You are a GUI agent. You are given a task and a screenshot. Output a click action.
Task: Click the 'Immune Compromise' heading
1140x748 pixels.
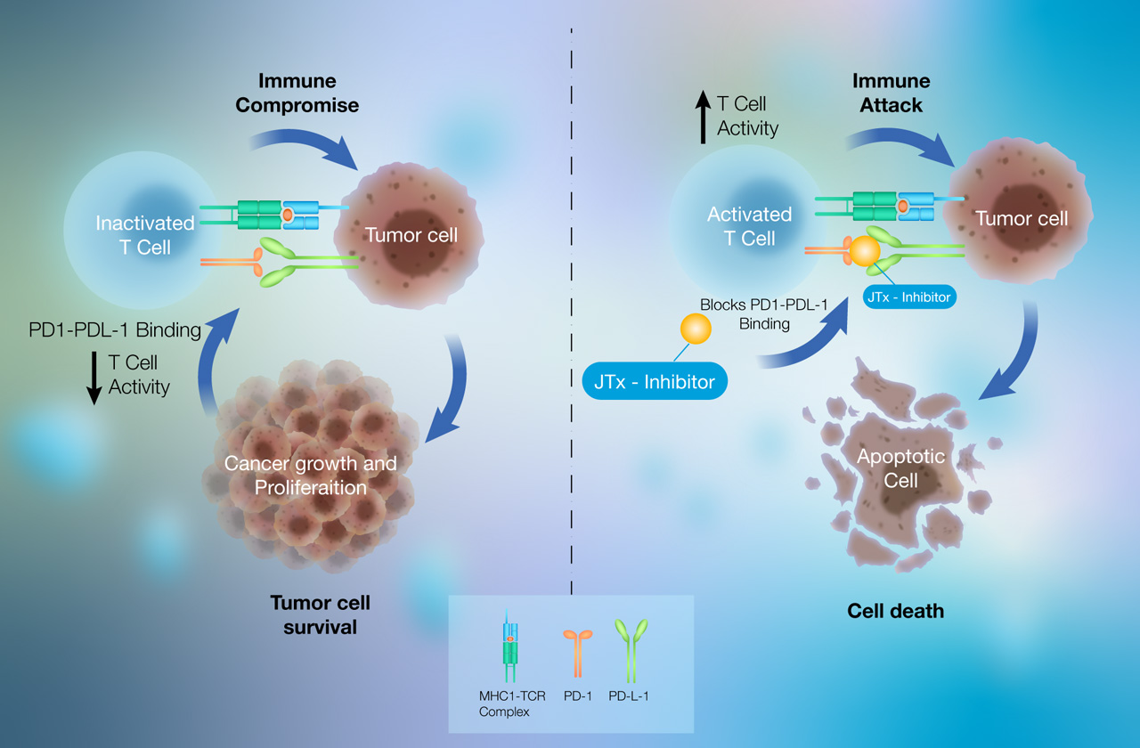click(x=297, y=93)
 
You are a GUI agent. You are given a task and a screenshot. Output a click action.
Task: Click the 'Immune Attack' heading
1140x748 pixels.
click(x=892, y=93)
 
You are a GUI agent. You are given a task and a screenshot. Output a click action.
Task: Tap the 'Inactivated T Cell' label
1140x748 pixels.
click(x=145, y=235)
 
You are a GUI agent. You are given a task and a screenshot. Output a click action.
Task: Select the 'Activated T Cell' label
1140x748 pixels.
click(x=750, y=226)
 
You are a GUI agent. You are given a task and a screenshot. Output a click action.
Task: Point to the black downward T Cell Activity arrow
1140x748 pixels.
click(x=94, y=378)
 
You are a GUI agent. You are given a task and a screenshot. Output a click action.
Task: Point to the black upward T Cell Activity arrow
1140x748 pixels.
click(x=703, y=117)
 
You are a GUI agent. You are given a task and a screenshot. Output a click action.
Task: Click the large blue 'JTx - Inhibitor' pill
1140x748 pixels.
click(x=655, y=381)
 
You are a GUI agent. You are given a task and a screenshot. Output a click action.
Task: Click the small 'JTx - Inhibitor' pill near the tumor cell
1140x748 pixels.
click(x=909, y=297)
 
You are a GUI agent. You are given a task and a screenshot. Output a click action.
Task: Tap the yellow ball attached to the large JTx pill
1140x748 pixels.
click(x=696, y=329)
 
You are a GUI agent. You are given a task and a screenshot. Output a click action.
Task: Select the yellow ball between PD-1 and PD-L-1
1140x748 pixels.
click(x=865, y=251)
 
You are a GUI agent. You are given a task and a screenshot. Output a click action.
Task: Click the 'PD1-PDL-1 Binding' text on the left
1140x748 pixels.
click(x=115, y=330)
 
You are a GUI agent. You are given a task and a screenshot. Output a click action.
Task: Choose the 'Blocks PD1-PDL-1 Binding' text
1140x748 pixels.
click(x=764, y=314)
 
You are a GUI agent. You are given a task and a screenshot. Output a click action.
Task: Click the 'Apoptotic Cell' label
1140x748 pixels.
click(x=900, y=468)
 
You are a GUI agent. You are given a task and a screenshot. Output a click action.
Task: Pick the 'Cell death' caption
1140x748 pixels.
click(x=895, y=611)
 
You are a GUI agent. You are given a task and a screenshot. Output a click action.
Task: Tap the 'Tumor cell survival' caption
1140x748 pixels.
click(x=320, y=614)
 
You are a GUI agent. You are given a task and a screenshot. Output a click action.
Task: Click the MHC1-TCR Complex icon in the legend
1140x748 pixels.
click(x=510, y=646)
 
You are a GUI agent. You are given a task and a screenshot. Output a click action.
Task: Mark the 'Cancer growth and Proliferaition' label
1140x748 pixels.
click(x=311, y=476)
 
